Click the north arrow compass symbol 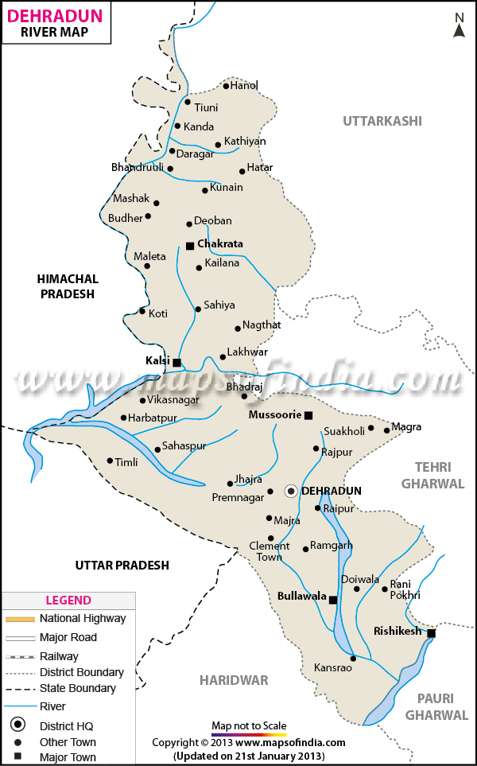(x=459, y=25)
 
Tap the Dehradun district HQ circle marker (x=291, y=491)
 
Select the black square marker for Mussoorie (x=308, y=415)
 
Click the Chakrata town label (x=219, y=244)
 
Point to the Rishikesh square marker (x=431, y=633)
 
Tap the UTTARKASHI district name (x=382, y=121)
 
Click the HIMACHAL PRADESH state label (x=68, y=286)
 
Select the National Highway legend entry (x=83, y=618)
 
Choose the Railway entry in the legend (x=59, y=656)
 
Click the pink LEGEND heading (x=68, y=601)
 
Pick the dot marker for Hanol (x=226, y=86)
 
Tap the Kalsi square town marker (x=176, y=363)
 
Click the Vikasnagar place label (x=173, y=400)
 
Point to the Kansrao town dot (x=353, y=658)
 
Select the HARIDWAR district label (x=234, y=680)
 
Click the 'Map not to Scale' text (x=249, y=725)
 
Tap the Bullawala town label (x=301, y=595)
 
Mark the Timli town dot (x=111, y=461)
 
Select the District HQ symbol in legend (x=17, y=725)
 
